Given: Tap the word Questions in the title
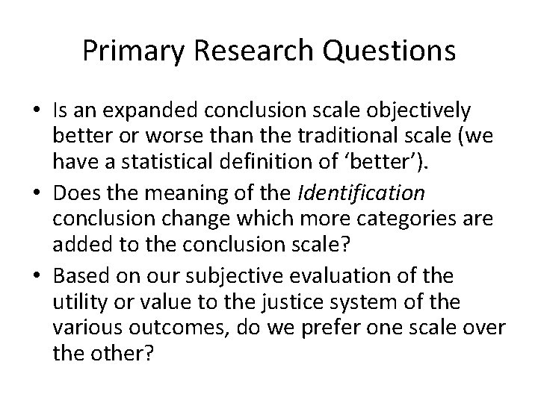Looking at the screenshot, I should point(396,51).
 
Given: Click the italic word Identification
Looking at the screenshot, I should point(361,194).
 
